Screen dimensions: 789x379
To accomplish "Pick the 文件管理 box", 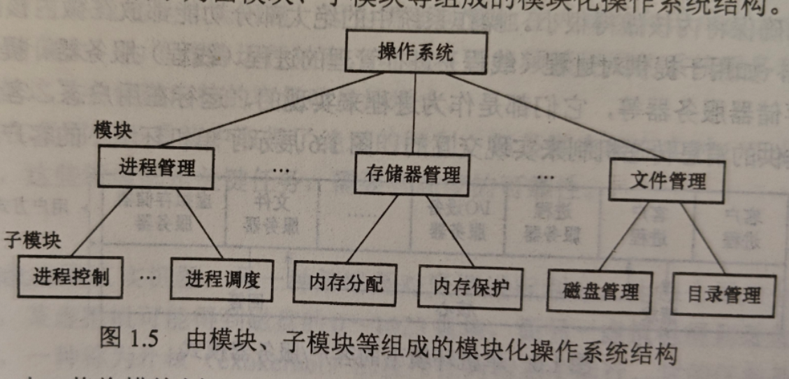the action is pyautogui.click(x=667, y=181).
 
